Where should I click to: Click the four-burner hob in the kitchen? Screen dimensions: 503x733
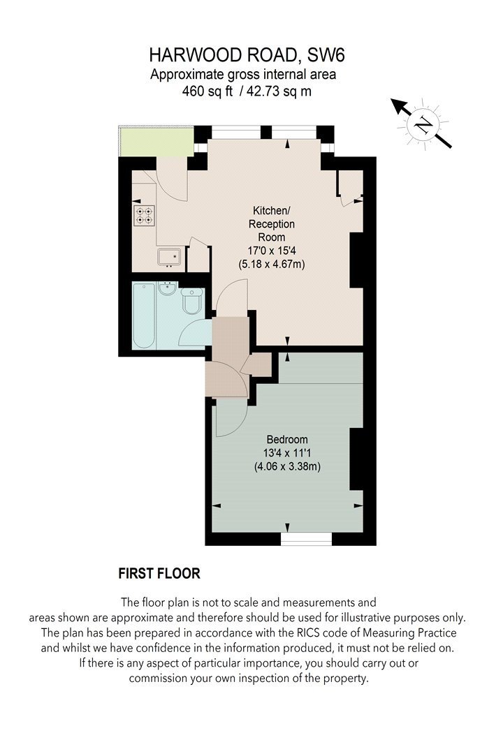pyautogui.click(x=144, y=216)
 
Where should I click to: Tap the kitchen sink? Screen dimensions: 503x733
pyautogui.click(x=169, y=258)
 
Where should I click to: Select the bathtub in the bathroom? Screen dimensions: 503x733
pyautogui.click(x=144, y=316)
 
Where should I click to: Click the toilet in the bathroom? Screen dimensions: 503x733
pyautogui.click(x=191, y=302)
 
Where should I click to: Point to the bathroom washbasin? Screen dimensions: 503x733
pyautogui.click(x=166, y=288)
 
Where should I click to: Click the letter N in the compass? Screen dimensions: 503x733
pyautogui.click(x=424, y=124)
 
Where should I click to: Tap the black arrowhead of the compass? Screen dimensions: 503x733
pyautogui.click(x=399, y=106)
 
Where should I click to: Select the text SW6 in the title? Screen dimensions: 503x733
pyautogui.click(x=326, y=56)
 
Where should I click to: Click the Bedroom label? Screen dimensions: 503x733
pyautogui.click(x=287, y=439)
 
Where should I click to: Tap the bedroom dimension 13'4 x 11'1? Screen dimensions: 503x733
pyautogui.click(x=287, y=452)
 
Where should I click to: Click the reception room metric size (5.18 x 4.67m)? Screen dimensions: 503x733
pyautogui.click(x=272, y=264)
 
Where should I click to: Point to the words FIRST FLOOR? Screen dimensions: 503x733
pyautogui.click(x=159, y=574)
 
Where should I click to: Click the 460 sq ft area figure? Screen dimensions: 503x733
pyautogui.click(x=207, y=91)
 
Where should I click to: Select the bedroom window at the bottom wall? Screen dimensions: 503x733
pyautogui.click(x=307, y=539)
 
